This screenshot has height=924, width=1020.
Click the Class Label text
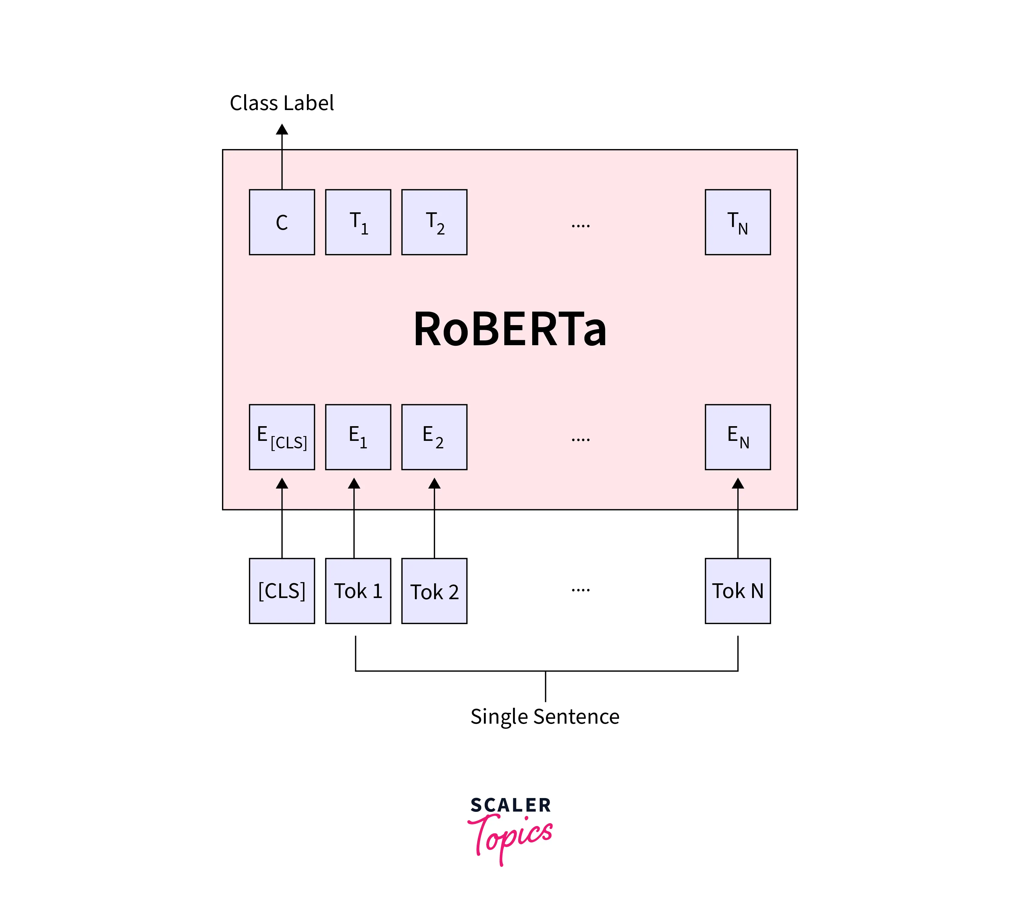click(281, 103)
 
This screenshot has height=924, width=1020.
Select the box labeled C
click(282, 222)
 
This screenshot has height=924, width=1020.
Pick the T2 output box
click(434, 222)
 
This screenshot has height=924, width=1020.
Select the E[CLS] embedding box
click(282, 437)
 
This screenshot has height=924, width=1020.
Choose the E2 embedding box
click(434, 437)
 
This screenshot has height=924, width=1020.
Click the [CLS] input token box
click(282, 591)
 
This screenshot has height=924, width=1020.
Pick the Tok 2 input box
click(434, 591)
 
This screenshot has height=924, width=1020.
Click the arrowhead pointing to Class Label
click(282, 130)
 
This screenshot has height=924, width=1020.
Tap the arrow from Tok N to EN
click(738, 521)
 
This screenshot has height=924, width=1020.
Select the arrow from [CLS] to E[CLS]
click(282, 521)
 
